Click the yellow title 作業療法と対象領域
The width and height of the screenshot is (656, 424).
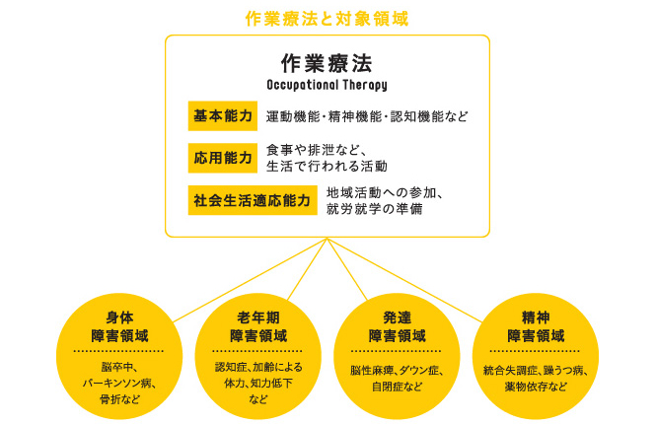(x=327, y=19)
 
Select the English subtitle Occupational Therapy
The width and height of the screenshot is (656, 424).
(x=327, y=85)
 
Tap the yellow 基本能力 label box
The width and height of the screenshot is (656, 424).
(x=223, y=115)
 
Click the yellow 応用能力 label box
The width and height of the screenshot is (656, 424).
(x=223, y=158)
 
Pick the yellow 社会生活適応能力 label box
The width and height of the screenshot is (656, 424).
(x=253, y=200)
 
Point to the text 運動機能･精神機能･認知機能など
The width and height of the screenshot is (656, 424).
(x=367, y=116)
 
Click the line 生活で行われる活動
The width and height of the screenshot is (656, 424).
(x=327, y=167)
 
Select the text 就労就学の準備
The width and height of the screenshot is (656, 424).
(x=375, y=209)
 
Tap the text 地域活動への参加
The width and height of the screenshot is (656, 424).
(x=381, y=192)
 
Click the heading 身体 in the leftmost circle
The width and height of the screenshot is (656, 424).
(x=119, y=318)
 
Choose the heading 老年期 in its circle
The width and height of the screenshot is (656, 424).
(x=258, y=318)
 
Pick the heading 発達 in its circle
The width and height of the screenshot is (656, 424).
(x=397, y=318)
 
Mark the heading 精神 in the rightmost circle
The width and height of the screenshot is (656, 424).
(x=536, y=318)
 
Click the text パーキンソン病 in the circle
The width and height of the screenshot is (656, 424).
(x=116, y=383)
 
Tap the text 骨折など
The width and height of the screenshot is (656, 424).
(x=119, y=399)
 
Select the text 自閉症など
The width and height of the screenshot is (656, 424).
(x=397, y=387)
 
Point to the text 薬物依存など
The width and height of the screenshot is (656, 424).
(x=536, y=387)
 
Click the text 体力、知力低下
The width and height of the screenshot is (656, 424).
(x=258, y=383)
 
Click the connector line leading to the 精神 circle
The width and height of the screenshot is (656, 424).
(x=404, y=280)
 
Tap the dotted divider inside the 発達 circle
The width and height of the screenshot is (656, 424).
(x=397, y=351)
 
